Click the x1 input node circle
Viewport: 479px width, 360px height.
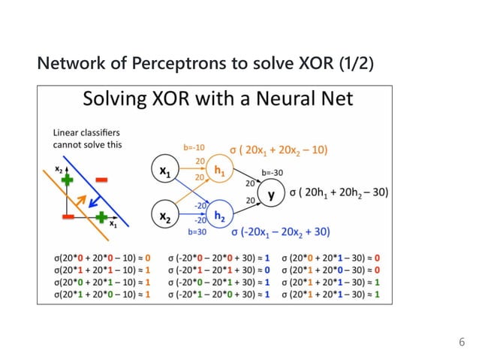pyautogui.click(x=164, y=171)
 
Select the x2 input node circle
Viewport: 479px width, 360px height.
pyautogui.click(x=164, y=216)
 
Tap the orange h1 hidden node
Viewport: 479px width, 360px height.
pyautogui.click(x=219, y=171)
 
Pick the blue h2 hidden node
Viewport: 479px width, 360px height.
pyautogui.click(x=219, y=216)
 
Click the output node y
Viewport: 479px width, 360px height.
pyautogui.click(x=271, y=195)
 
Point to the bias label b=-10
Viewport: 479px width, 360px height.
pyautogui.click(x=194, y=147)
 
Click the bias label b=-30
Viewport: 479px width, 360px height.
pyautogui.click(x=271, y=172)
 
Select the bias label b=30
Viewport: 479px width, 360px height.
pyautogui.click(x=197, y=232)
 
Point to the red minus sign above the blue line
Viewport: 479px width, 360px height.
pyautogui.click(x=101, y=180)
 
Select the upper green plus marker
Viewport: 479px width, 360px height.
pyautogui.click(x=68, y=180)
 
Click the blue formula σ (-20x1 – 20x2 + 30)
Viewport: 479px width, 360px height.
pyautogui.click(x=282, y=231)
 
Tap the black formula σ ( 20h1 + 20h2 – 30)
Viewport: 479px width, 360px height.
pyautogui.click(x=339, y=192)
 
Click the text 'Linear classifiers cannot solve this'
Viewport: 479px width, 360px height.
pyautogui.click(x=86, y=138)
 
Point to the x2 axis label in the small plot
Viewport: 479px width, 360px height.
pyautogui.click(x=59, y=168)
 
